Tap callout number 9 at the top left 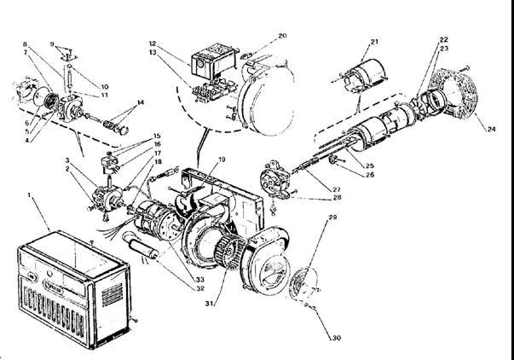coord(52,44)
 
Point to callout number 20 coord(283,37)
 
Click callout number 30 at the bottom coord(336,338)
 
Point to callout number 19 coord(221,160)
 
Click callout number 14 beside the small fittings coord(141,102)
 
